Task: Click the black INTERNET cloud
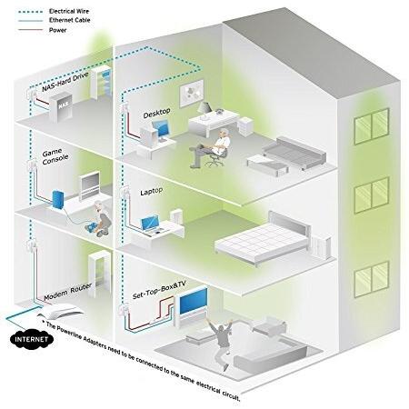coord(32,339)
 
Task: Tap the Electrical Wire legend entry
coord(54,12)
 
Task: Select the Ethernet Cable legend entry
coord(55,20)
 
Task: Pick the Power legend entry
coord(42,30)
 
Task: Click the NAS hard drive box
coord(61,106)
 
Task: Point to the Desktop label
coord(156,113)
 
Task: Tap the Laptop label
coord(152,192)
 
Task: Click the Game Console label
coord(55,156)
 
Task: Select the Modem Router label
coord(68,292)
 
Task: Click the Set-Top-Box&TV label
coord(159,290)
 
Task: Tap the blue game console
coord(58,200)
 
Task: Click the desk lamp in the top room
coord(204,110)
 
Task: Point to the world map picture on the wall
coord(192,93)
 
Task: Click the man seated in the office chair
coord(211,147)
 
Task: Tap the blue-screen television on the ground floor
coord(194,301)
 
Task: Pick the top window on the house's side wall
coord(372,125)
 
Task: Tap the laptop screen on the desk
coord(150,223)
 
